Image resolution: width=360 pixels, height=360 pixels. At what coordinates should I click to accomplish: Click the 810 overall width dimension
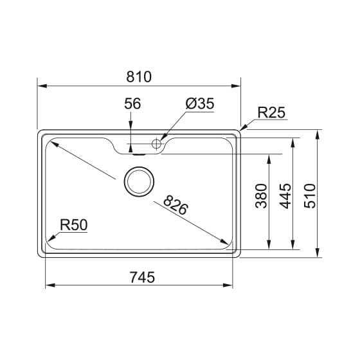pyautogui.click(x=139, y=76)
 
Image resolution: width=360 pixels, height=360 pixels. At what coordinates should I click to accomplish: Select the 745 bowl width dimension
pyautogui.click(x=142, y=277)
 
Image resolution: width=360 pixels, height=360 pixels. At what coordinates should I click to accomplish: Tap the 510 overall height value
pyautogui.click(x=310, y=196)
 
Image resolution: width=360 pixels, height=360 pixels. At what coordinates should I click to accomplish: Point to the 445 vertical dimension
pyautogui.click(x=285, y=196)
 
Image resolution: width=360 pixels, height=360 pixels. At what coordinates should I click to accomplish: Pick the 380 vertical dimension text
pyautogui.click(x=261, y=196)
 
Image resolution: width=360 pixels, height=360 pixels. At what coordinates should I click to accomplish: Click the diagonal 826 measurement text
pyautogui.click(x=175, y=205)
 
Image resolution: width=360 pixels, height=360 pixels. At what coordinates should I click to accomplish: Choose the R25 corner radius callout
pyautogui.click(x=271, y=113)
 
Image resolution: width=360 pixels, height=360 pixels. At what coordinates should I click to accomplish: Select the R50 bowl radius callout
pyautogui.click(x=74, y=225)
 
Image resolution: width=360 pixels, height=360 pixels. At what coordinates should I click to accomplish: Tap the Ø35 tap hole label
pyautogui.click(x=200, y=104)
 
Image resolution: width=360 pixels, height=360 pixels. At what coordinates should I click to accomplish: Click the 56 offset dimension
pyautogui.click(x=132, y=104)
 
